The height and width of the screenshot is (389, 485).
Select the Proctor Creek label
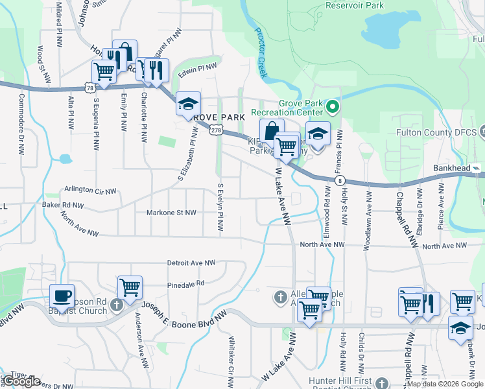[261, 52]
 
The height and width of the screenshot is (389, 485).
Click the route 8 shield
[339, 180]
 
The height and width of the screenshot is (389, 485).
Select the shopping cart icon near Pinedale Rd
[130, 287]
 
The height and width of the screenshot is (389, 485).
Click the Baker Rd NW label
[63, 205]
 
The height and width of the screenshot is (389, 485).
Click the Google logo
[21, 381]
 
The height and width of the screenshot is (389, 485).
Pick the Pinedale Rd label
[185, 283]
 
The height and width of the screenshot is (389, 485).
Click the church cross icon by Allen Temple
[280, 296]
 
